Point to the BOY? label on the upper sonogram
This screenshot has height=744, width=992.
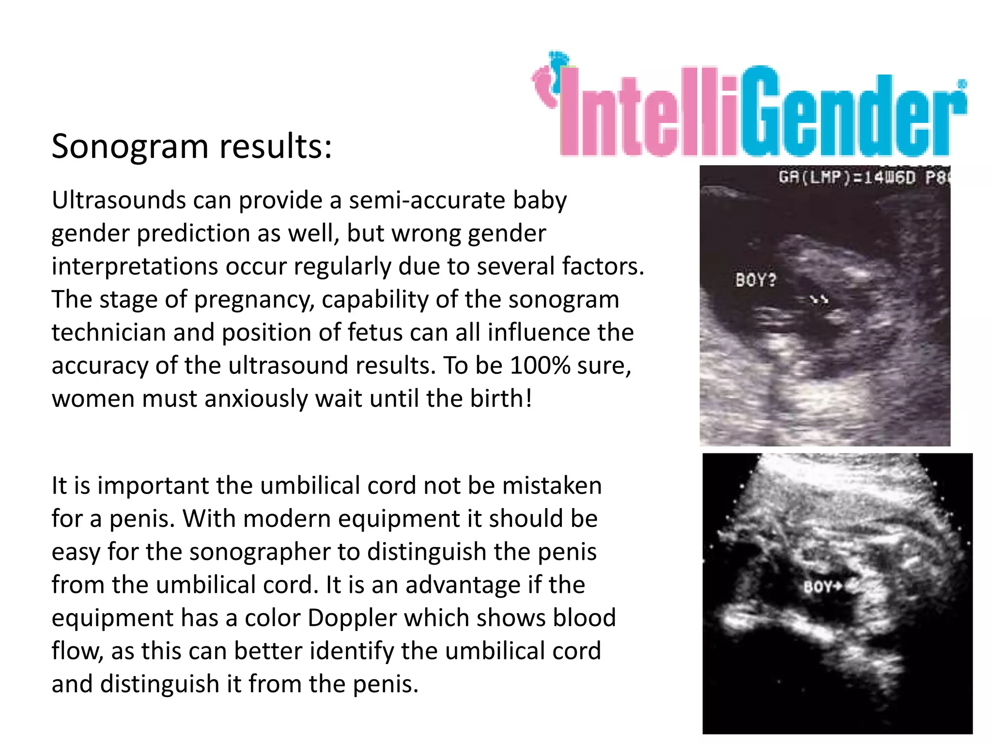pyautogui.click(x=756, y=280)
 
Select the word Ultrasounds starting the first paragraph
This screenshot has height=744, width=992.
pyautogui.click(x=119, y=200)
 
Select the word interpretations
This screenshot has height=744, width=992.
pyautogui.click(x=134, y=266)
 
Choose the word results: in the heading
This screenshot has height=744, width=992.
pyautogui.click(x=276, y=147)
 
